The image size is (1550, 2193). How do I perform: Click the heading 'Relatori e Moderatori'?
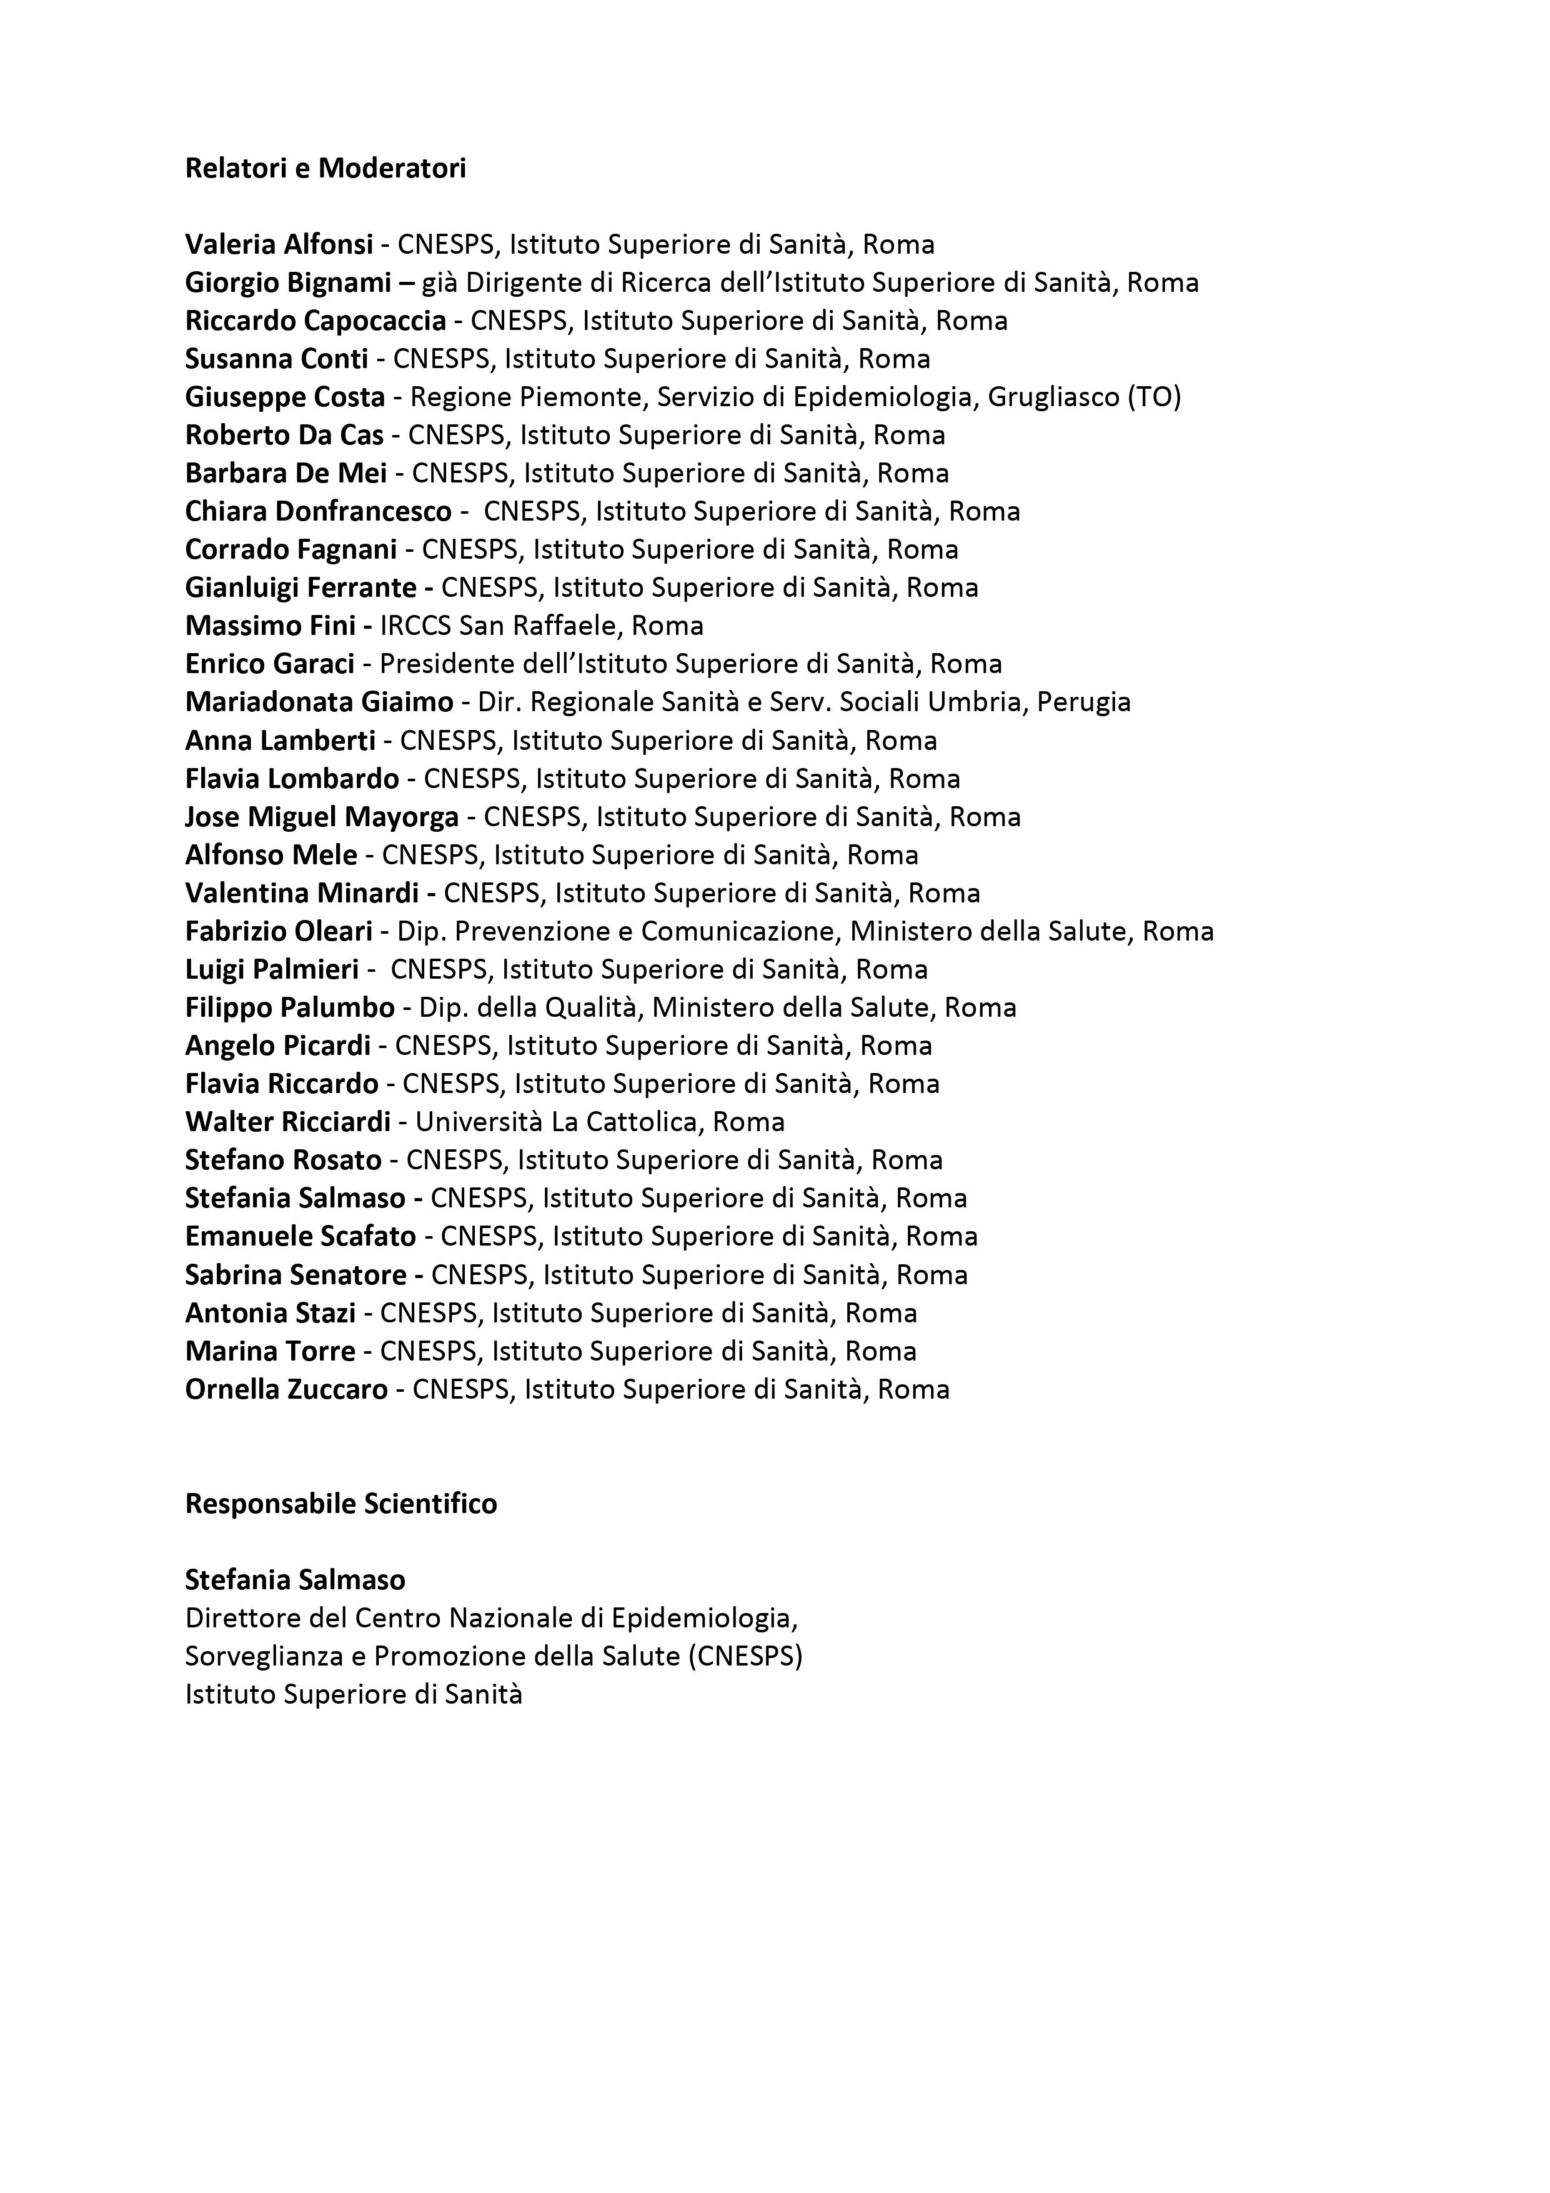tap(325, 168)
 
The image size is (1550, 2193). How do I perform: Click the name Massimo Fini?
tap(271, 626)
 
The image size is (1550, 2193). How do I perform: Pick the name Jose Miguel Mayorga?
tap(322, 817)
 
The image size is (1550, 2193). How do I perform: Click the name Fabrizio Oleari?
tap(279, 931)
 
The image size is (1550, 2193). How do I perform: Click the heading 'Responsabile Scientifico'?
tap(341, 1504)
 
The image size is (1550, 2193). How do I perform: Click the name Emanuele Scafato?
tap(301, 1236)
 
